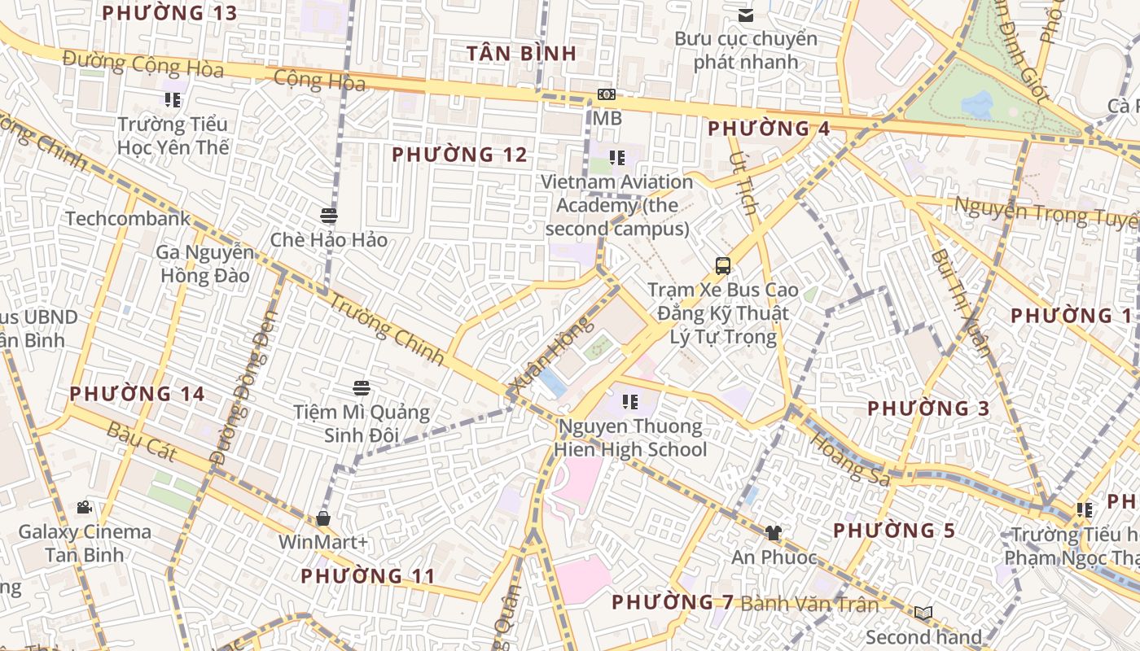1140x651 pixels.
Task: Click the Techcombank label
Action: pos(128,218)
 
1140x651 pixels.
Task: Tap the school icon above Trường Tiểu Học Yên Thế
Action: pos(172,100)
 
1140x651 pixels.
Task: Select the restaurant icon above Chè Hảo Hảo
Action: pos(329,216)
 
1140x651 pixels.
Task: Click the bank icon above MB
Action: pos(606,94)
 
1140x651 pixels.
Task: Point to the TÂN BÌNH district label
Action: pos(522,54)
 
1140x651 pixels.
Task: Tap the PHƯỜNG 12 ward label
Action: pos(459,155)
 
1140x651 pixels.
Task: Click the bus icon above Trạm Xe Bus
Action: pos(723,265)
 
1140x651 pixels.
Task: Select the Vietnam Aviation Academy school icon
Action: pos(617,158)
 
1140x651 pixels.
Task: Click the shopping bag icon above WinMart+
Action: pos(323,518)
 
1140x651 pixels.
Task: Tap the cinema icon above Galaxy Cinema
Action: pos(84,508)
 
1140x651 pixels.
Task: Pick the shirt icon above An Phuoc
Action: pos(773,533)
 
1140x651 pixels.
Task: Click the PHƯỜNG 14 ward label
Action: pos(137,394)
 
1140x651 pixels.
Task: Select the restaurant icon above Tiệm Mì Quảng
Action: pos(362,388)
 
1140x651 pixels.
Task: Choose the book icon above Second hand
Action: pos(923,613)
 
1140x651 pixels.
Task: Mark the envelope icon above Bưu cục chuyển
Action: pos(745,15)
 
